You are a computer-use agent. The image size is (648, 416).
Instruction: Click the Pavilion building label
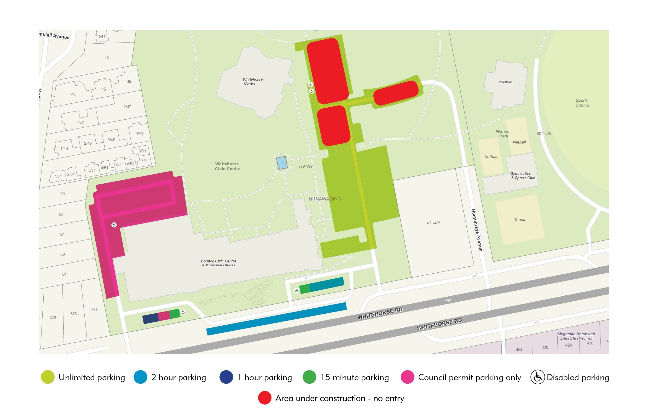(505, 82)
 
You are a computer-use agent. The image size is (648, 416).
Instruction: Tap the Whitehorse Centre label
(252, 81)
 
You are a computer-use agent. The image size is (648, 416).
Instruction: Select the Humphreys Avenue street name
(477, 230)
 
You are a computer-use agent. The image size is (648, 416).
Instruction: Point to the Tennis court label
(520, 220)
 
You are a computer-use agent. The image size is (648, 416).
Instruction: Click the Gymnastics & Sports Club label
(522, 175)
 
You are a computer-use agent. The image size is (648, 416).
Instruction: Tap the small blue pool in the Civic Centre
(282, 163)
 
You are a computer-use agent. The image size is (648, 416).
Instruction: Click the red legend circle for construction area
(264, 398)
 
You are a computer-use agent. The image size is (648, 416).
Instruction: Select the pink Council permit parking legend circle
(407, 377)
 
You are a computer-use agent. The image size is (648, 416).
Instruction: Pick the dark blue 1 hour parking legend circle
(226, 377)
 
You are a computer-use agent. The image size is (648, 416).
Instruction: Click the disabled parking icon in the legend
(537, 377)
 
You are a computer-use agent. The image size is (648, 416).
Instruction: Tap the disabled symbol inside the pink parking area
(114, 225)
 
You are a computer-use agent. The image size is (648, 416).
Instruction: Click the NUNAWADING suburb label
(325, 199)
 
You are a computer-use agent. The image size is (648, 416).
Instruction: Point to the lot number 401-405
(433, 223)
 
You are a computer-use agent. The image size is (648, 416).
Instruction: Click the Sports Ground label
(582, 103)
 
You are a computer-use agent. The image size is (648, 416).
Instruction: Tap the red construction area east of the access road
(396, 93)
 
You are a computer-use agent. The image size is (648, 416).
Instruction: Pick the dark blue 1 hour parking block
(150, 319)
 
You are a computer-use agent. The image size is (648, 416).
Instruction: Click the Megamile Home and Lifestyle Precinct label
(576, 336)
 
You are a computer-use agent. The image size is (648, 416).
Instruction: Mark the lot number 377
(94, 309)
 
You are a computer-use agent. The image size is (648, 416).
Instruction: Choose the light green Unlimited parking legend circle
(48, 377)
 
